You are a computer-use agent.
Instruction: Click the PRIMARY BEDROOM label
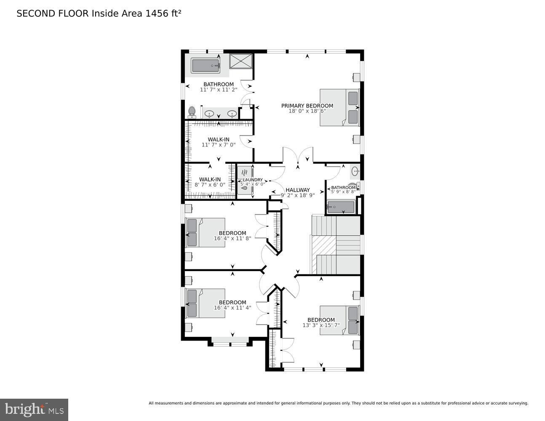point(307,106)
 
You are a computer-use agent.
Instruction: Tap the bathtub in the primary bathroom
point(206,66)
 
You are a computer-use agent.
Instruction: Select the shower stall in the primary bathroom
point(241,61)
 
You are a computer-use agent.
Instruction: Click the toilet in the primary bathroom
point(192,112)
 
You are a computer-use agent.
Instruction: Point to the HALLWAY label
point(297,190)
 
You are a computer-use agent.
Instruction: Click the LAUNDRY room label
point(253,180)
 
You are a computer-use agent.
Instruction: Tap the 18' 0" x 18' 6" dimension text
point(307,111)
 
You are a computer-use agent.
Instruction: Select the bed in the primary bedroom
point(339,107)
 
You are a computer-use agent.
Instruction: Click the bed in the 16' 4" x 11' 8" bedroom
point(206,232)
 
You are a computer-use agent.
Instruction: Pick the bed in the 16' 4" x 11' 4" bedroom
point(206,303)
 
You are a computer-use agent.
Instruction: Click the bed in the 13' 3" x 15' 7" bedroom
point(339,320)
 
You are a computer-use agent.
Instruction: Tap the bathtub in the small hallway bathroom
point(341,207)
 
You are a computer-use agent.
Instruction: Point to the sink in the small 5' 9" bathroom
point(355,171)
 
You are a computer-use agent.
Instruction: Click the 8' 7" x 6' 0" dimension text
point(210,184)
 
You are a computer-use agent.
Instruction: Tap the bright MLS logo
point(34,410)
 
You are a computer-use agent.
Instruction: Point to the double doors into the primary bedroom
point(298,156)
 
